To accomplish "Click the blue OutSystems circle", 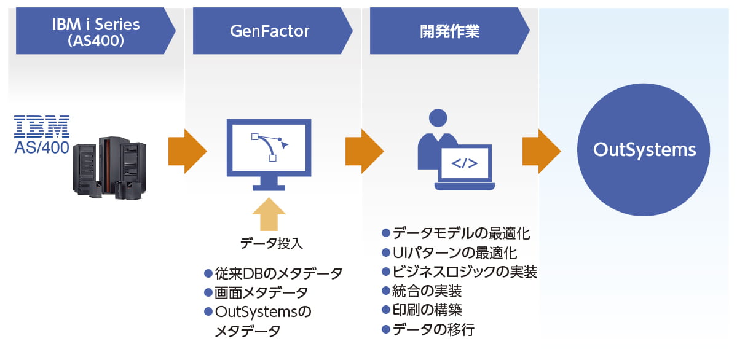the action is [644, 150].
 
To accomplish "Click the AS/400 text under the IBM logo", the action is [42, 147].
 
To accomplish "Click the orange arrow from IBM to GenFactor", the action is [187, 151].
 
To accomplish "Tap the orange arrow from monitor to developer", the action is [365, 151].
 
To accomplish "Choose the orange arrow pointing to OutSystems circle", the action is [542, 151].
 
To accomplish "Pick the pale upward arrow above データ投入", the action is [269, 214].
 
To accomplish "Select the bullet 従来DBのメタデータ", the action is [273, 273].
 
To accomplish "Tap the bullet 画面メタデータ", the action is [256, 292].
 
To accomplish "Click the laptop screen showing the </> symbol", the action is [464, 163].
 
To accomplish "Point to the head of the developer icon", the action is [438, 118].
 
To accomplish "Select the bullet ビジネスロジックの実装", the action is [459, 272].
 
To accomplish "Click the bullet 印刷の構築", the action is [422, 311].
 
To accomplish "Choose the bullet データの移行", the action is [428, 330].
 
